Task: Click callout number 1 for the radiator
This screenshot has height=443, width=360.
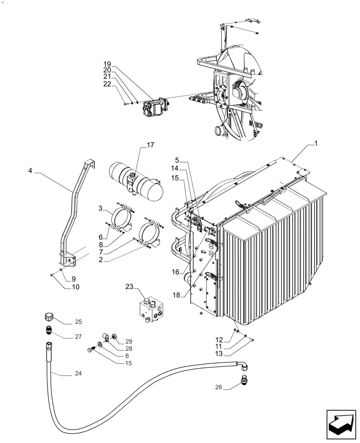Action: pyautogui.click(x=316, y=144)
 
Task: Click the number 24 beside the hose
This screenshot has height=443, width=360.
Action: pyautogui.click(x=78, y=373)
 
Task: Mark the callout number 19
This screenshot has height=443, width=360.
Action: pyautogui.click(x=107, y=64)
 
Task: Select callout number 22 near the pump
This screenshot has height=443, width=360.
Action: pyautogui.click(x=107, y=84)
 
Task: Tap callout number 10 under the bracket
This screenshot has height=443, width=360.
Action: pyautogui.click(x=75, y=287)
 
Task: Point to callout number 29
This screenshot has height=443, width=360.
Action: pyautogui.click(x=129, y=341)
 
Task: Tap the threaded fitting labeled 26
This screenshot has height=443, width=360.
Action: pyautogui.click(x=243, y=380)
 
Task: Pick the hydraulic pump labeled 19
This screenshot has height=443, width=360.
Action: pyautogui.click(x=153, y=106)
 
